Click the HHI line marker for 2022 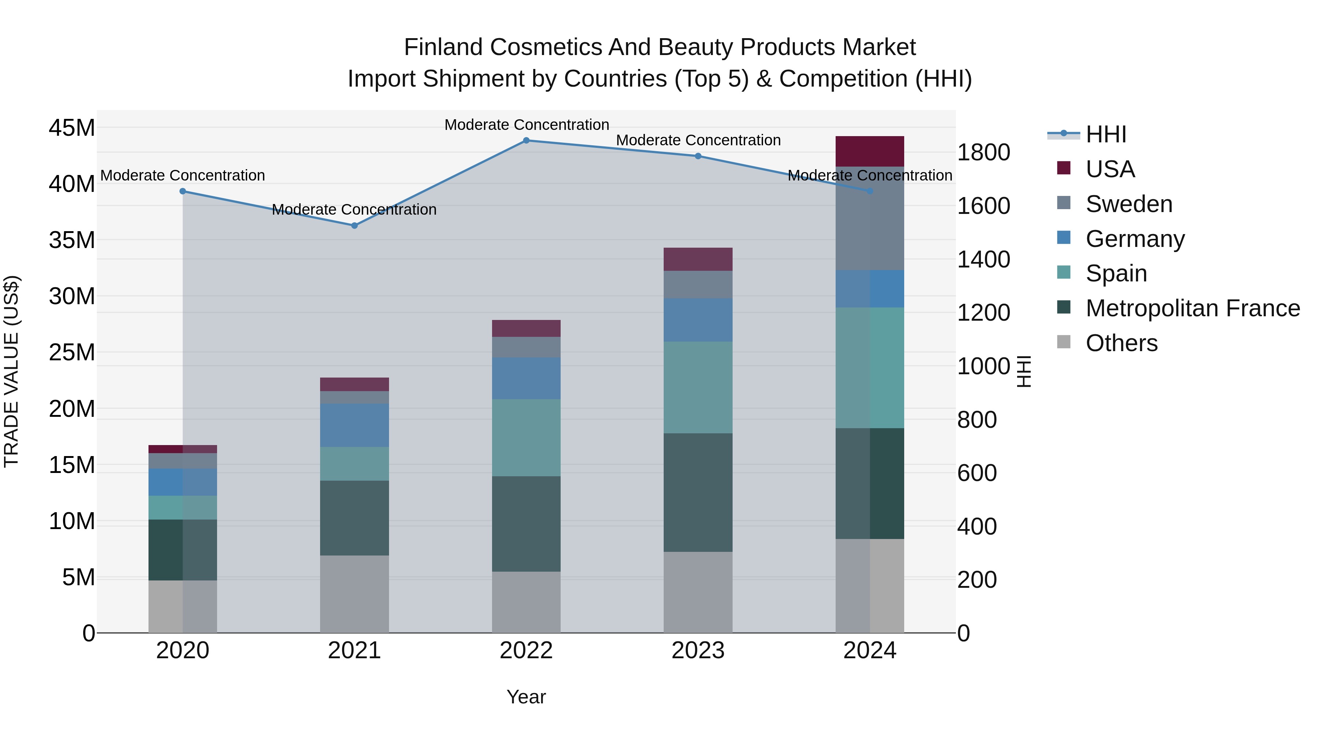(x=526, y=141)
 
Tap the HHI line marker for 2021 (x=355, y=226)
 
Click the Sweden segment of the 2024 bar (x=870, y=218)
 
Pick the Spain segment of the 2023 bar (x=698, y=388)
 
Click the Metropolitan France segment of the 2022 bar (x=526, y=524)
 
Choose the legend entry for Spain (x=1116, y=273)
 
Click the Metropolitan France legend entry (x=1192, y=308)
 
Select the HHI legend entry (x=1106, y=134)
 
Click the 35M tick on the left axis (x=72, y=240)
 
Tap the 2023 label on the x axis (x=698, y=651)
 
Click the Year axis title (x=526, y=697)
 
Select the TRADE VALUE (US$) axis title (x=11, y=371)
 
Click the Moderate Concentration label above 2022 (x=526, y=125)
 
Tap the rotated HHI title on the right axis (x=1023, y=371)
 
